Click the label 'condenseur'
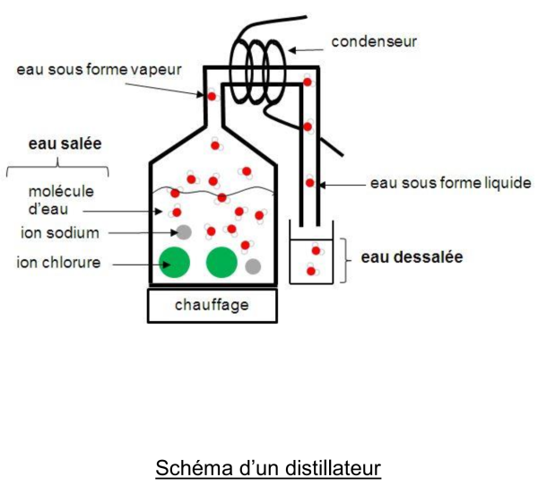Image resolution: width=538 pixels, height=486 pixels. point(374,42)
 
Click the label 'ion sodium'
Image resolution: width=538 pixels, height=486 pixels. point(60,233)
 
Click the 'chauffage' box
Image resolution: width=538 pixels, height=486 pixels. point(211,306)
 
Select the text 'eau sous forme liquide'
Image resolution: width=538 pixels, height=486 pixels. point(450,184)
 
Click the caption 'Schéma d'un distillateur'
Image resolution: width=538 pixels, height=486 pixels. point(269,468)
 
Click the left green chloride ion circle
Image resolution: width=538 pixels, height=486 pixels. point(176,263)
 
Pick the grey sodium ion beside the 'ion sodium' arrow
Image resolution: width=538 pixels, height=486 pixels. point(184,232)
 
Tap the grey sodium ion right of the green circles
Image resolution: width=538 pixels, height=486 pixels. point(253,265)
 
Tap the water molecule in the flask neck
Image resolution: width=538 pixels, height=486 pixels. point(213,95)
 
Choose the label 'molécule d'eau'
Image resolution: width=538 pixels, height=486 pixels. point(61,201)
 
